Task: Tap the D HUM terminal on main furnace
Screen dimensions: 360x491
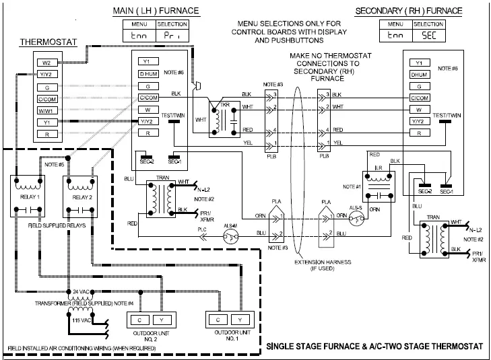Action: pos(147,74)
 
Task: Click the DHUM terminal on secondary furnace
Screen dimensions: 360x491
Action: pos(419,74)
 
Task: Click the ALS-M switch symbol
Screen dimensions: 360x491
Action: pos(230,236)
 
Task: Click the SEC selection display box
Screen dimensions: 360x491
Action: pos(420,33)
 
